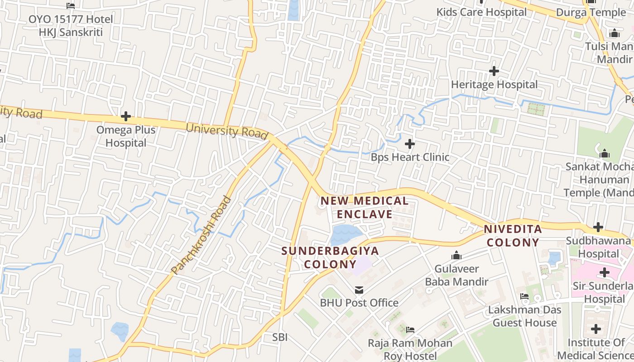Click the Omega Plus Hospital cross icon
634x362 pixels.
click(x=126, y=117)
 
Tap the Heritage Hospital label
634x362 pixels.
click(x=494, y=84)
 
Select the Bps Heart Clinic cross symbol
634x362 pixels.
click(x=410, y=144)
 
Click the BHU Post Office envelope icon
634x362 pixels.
click(x=359, y=290)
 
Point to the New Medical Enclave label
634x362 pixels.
click(x=365, y=207)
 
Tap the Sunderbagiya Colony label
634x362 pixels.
click(x=330, y=257)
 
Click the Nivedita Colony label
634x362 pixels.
click(x=513, y=235)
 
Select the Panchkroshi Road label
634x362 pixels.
click(x=201, y=235)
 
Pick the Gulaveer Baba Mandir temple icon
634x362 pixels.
click(x=456, y=256)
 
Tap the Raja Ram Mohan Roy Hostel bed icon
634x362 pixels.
click(x=410, y=329)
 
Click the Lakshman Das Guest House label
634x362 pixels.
click(x=524, y=316)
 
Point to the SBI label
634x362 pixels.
click(x=279, y=337)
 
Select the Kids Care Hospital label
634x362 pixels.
click(x=481, y=12)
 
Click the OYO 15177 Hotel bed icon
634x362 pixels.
click(x=71, y=6)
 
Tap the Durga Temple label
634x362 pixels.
click(x=591, y=12)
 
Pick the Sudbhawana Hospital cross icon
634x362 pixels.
click(x=598, y=227)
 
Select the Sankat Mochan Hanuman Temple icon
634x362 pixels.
click(x=604, y=154)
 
